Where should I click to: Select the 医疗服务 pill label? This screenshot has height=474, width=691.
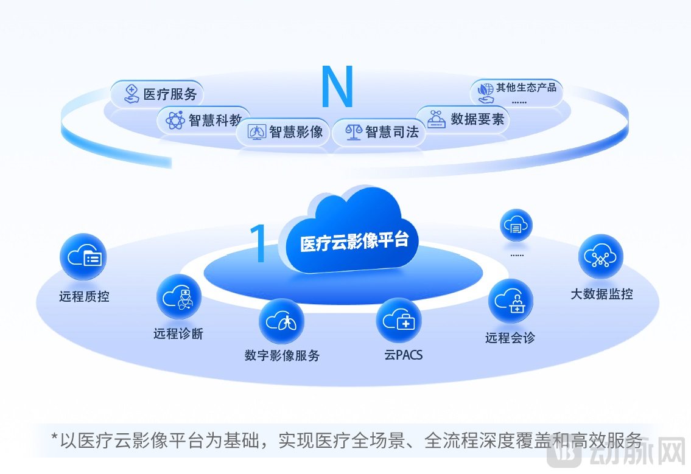click(157, 94)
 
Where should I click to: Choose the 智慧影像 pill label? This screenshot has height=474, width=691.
click(284, 131)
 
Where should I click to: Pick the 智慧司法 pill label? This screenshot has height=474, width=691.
click(379, 131)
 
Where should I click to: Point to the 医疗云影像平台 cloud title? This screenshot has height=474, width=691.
click(354, 241)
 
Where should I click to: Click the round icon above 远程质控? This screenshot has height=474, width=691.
click(83, 258)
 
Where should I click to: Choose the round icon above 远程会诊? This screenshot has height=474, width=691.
click(510, 301)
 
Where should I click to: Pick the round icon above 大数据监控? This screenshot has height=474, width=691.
click(600, 257)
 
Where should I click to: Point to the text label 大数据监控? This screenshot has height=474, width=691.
click(602, 294)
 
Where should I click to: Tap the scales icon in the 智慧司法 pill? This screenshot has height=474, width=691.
click(354, 131)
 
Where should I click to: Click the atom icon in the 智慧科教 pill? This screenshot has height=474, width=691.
click(175, 120)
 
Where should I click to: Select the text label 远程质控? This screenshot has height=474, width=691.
click(84, 297)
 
